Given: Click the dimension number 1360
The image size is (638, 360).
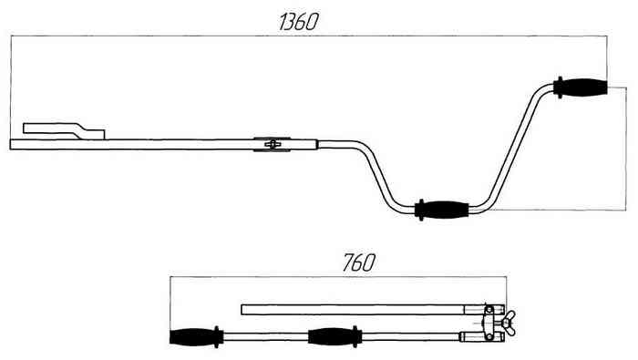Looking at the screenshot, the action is tap(298, 22).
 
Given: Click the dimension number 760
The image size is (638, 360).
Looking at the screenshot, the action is tap(358, 262).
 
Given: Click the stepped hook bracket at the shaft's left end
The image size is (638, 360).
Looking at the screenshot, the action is tap(64, 131).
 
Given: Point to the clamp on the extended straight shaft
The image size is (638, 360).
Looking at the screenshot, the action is tap(272, 144).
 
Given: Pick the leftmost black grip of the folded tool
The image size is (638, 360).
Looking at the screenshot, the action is tap(193, 337).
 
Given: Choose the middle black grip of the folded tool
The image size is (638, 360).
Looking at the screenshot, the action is tap(334, 337).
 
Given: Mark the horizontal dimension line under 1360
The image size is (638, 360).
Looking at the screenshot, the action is tap(309, 36).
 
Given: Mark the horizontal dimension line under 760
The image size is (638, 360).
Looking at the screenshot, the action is tap(338, 277).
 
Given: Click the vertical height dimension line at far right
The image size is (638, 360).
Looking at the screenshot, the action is tap(626, 149).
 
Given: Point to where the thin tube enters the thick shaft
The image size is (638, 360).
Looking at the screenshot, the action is tap(318, 144).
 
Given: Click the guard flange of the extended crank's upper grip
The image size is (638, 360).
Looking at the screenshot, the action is tap(560, 87).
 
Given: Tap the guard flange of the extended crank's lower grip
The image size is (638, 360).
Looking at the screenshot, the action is tap(421, 210).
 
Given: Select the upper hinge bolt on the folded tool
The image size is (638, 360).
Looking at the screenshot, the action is tap(489, 310).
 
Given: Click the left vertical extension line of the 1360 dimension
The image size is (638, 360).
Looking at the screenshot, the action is tap(11, 87).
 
